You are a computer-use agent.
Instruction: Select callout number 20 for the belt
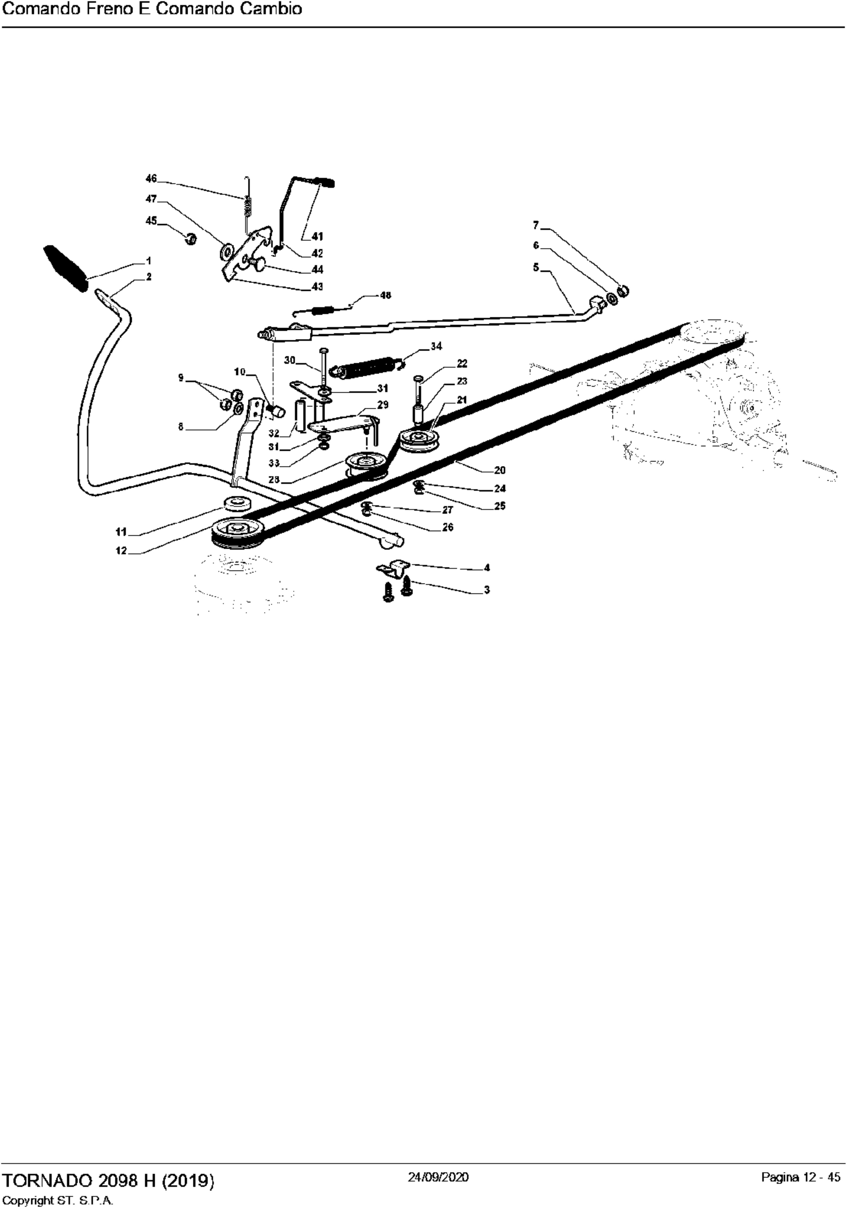click(499, 470)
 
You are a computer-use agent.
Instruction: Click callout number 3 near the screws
click(487, 590)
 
